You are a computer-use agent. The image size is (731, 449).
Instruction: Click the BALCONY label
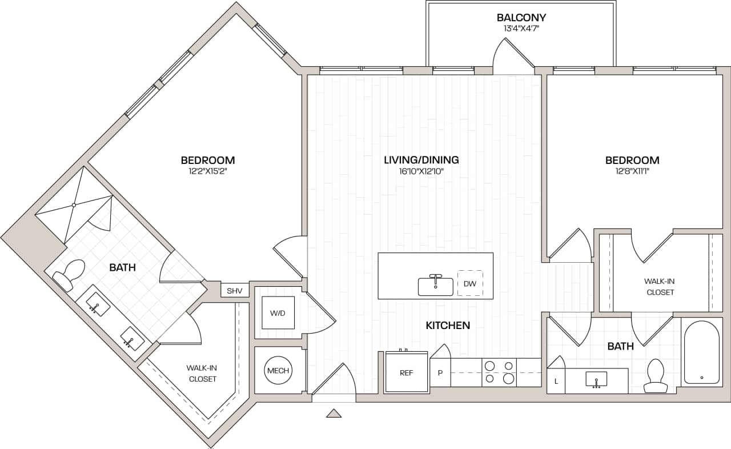pyautogui.click(x=521, y=18)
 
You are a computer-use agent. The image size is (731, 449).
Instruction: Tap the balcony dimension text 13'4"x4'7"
pyautogui.click(x=521, y=28)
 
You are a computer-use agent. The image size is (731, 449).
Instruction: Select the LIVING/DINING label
pyautogui.click(x=421, y=160)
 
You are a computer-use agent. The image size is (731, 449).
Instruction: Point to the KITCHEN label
pyautogui.click(x=448, y=326)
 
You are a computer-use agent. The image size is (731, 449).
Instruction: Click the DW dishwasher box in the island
pyautogui.click(x=470, y=283)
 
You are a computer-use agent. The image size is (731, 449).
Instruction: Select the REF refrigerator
pyautogui.click(x=406, y=372)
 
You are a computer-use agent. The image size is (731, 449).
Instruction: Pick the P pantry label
pyautogui.click(x=440, y=373)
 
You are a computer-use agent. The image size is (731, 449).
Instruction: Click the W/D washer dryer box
pyautogui.click(x=278, y=312)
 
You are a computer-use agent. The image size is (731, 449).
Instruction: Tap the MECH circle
pyautogui.click(x=278, y=371)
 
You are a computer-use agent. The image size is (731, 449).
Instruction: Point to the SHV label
pyautogui.click(x=235, y=291)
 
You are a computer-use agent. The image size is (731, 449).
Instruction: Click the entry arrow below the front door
pyautogui.click(x=334, y=413)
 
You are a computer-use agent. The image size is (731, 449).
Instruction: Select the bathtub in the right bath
pyautogui.click(x=701, y=352)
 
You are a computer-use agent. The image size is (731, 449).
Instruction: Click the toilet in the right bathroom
pyautogui.click(x=656, y=377)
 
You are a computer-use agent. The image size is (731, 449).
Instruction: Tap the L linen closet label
pyautogui.click(x=556, y=381)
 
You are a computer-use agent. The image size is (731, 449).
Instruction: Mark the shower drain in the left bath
pyautogui.click(x=74, y=205)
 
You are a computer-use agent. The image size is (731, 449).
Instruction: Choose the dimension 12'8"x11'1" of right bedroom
pyautogui.click(x=632, y=171)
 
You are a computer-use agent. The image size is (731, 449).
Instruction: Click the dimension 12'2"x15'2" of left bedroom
pyautogui.click(x=208, y=171)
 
